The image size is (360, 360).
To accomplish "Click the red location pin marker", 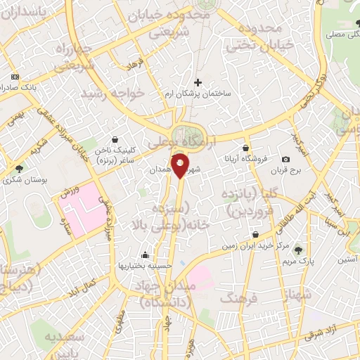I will (x=181, y=166).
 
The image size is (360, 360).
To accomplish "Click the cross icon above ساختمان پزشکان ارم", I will (x=198, y=83).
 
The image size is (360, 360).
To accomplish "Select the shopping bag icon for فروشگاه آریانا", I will (x=245, y=148).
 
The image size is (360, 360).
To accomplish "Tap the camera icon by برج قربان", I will (x=285, y=160).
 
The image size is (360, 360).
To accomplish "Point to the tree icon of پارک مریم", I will (x=298, y=250).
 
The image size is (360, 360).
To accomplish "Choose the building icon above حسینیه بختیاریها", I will (x=145, y=255).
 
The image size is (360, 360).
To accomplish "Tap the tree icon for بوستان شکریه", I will (x=19, y=169).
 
